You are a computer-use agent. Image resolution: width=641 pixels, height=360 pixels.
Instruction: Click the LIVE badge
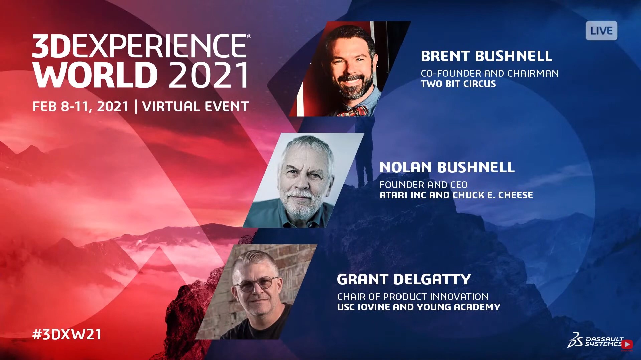pyautogui.click(x=601, y=31)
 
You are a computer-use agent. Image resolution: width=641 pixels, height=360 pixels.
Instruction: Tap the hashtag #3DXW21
pyautogui.click(x=67, y=334)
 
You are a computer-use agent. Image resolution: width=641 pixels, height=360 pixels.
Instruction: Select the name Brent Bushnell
pyautogui.click(x=486, y=56)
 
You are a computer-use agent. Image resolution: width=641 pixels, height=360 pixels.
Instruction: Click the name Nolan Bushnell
pyautogui.click(x=447, y=167)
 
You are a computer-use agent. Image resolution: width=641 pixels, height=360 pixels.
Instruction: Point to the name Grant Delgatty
pyautogui.click(x=404, y=279)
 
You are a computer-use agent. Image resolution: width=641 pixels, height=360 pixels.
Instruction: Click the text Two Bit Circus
pyautogui.click(x=458, y=84)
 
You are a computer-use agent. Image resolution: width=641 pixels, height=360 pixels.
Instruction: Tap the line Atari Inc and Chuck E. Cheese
pyautogui.click(x=456, y=195)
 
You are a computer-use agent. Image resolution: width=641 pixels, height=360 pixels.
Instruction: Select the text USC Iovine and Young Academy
pyautogui.click(x=419, y=307)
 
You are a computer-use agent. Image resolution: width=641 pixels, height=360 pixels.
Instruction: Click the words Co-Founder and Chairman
pyautogui.click(x=489, y=73)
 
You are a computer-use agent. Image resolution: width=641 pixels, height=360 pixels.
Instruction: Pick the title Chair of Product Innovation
pyautogui.click(x=413, y=297)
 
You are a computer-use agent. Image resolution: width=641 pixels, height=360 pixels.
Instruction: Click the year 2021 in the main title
pyautogui.click(x=209, y=75)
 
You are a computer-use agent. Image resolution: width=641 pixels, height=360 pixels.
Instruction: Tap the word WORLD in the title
pyautogui.click(x=95, y=75)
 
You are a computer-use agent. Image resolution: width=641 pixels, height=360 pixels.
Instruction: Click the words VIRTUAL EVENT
pyautogui.click(x=195, y=106)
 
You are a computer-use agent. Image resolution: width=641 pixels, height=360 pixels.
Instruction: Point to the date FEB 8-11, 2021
pyautogui.click(x=81, y=107)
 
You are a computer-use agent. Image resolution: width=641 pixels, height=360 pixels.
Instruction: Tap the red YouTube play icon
pyautogui.click(x=627, y=344)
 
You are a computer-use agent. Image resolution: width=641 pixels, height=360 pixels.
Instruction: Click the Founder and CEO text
pyautogui.click(x=424, y=185)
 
